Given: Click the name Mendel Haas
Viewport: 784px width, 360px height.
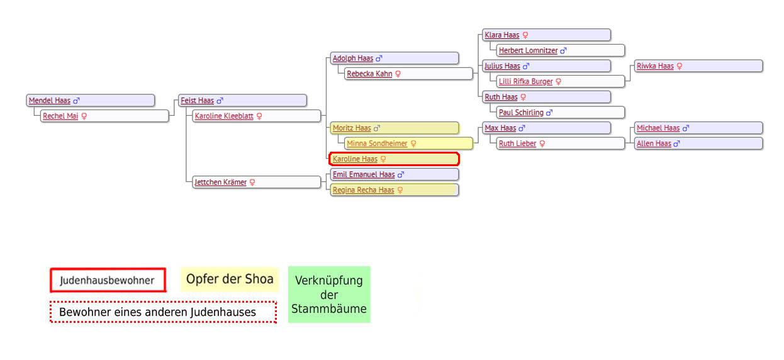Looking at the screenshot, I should pos(49,100).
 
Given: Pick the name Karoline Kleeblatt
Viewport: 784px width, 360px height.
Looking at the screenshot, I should pos(224,116).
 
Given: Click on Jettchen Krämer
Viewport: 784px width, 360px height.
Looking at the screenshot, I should pos(220,183).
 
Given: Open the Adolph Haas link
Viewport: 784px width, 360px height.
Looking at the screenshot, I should pos(352,59).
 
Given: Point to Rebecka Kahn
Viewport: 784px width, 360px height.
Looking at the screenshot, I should pos(369,74).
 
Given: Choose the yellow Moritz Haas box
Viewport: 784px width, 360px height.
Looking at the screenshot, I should pos(393,128).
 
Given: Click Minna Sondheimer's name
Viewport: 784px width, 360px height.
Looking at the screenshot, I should pos(377,143).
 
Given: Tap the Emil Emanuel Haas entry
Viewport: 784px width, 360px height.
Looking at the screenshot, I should pos(363,174).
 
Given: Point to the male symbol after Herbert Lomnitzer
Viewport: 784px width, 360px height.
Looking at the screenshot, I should pos(564,51).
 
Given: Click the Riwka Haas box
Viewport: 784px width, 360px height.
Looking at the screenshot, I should pos(698,66).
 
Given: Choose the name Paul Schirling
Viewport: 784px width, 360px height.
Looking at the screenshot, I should pos(520,113).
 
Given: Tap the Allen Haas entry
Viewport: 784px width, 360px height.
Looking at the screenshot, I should pos(653,143).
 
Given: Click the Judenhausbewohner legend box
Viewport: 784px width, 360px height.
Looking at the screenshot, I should pos(108,281).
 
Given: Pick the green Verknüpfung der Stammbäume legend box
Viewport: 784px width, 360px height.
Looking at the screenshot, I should pos(329,295).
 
